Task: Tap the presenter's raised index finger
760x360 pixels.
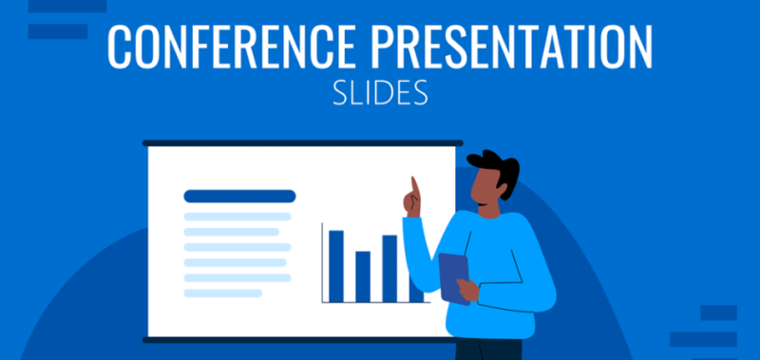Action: (x=413, y=185)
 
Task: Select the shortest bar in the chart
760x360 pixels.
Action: (x=363, y=276)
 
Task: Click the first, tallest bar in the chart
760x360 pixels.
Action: (x=335, y=265)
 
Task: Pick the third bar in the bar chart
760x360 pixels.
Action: (x=389, y=268)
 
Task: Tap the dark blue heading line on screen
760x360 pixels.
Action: (x=239, y=197)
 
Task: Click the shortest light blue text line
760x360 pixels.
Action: (x=222, y=293)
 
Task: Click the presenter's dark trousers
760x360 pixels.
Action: (x=489, y=349)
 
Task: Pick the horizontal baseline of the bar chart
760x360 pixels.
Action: (x=370, y=303)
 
